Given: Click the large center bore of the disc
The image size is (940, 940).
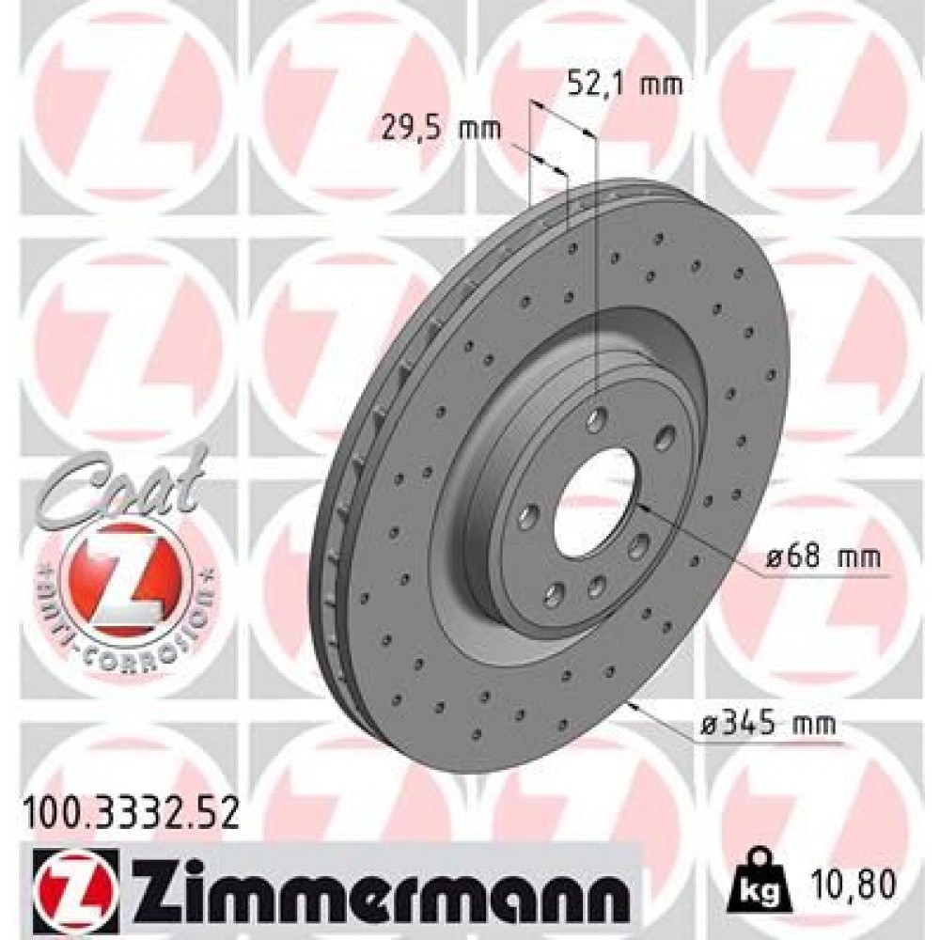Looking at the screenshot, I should click(590, 501).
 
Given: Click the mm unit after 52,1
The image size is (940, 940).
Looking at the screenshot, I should click(663, 86).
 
